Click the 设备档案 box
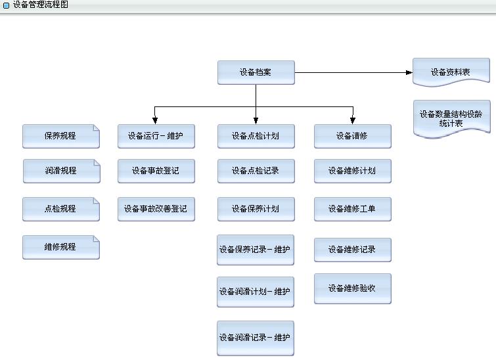256,72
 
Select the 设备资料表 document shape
451,72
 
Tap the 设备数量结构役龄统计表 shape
451,118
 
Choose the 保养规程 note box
60,136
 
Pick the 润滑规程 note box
61,171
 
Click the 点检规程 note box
60,209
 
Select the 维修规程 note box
60,247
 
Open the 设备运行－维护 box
156,136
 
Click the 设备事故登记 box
156,171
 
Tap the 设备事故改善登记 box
156,209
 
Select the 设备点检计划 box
256,136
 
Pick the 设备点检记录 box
256,171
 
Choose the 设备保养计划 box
256,209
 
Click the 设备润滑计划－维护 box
256,292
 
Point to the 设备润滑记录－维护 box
256,338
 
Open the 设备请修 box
352,136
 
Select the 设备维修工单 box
352,209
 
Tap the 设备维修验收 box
352,288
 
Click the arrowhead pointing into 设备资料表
409,72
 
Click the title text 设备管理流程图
40,5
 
